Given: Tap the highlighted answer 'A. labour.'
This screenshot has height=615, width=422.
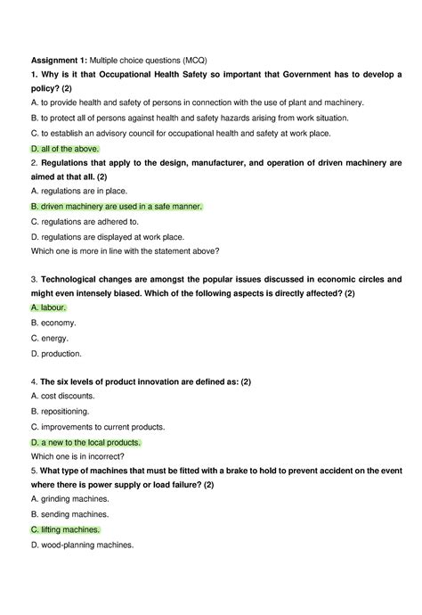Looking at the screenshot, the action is tap(48, 307).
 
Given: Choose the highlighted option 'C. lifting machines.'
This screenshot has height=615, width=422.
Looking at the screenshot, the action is tap(66, 529).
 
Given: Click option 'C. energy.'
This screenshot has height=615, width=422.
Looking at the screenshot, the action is tap(50, 338).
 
